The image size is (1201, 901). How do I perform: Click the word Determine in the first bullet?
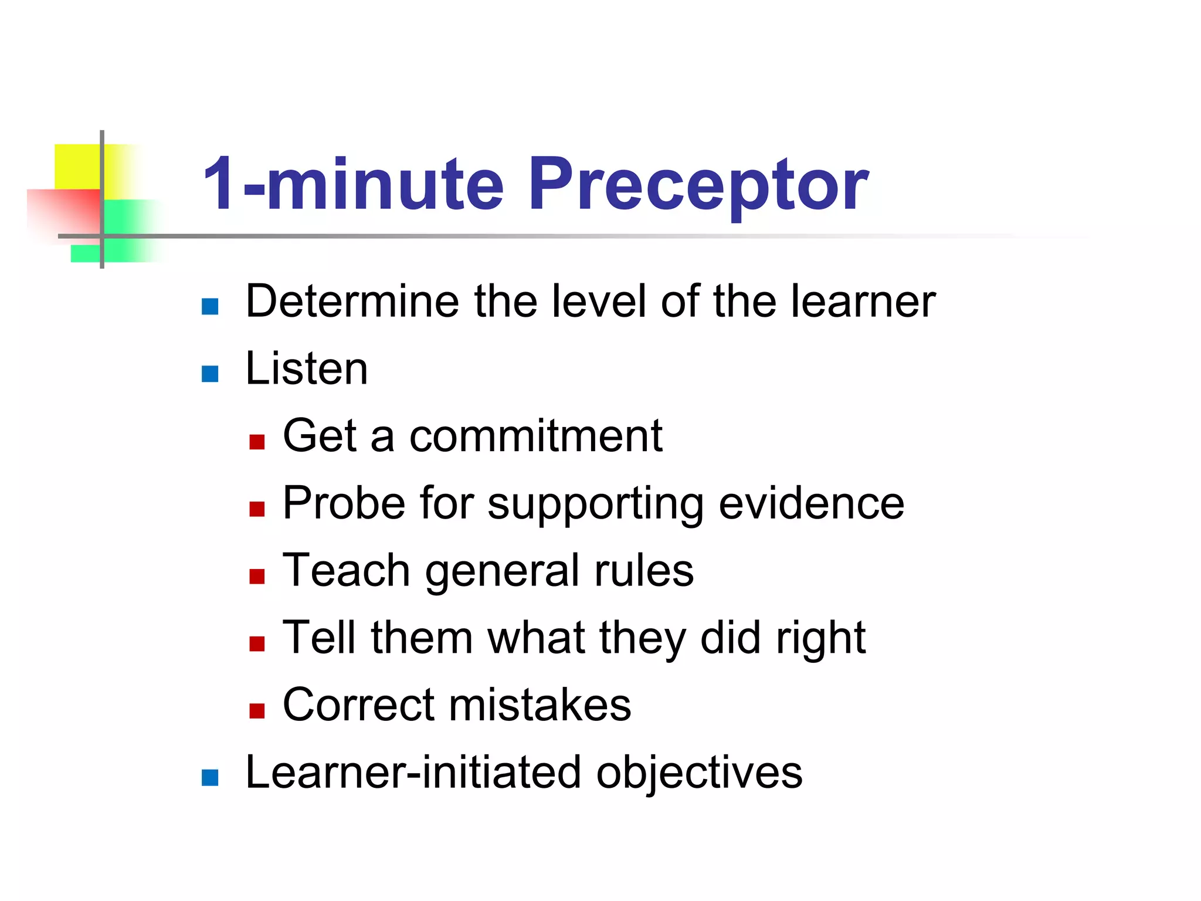click(351, 302)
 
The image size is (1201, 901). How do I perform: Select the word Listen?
click(307, 369)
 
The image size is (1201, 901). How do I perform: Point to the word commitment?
click(535, 436)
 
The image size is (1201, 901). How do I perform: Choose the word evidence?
click(812, 503)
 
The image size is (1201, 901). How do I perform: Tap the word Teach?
click(346, 570)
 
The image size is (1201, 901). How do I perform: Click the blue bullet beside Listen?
click(210, 374)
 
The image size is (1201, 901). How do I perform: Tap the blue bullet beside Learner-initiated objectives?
click(210, 778)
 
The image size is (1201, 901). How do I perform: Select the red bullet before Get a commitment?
click(257, 442)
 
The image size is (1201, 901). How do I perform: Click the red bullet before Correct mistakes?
click(257, 711)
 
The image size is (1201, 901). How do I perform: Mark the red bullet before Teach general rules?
click(257, 577)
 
